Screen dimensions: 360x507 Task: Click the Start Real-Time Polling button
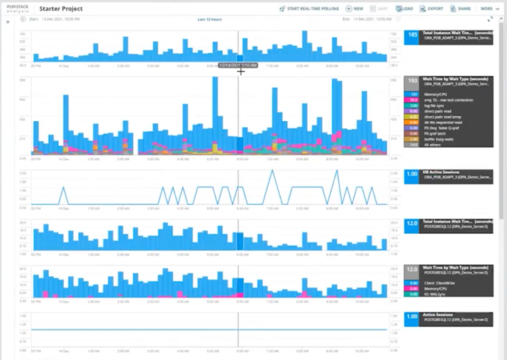[x=309, y=9]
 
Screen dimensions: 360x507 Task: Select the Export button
[x=432, y=9]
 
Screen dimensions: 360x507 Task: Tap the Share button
[x=461, y=9]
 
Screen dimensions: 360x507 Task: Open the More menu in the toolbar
[x=488, y=9]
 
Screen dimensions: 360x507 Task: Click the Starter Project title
[x=62, y=9]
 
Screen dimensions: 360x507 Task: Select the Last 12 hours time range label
[x=209, y=20]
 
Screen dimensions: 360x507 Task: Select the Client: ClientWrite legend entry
[x=440, y=283]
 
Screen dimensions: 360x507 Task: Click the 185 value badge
[x=412, y=35]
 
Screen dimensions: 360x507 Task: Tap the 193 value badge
[x=412, y=82]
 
